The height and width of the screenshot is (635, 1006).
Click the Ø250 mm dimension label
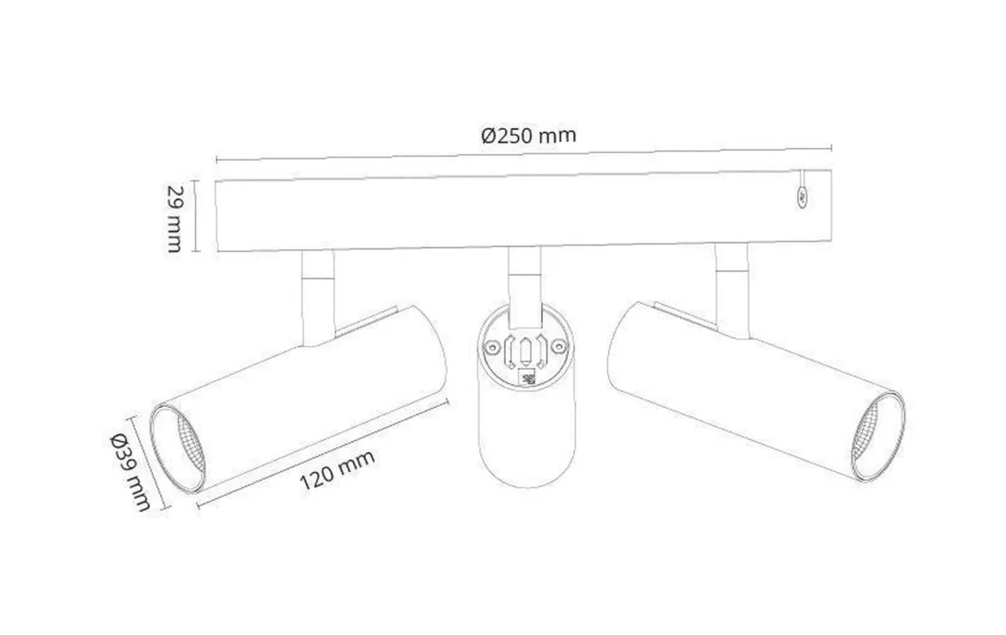(528, 135)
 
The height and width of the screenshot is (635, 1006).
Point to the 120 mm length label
(338, 470)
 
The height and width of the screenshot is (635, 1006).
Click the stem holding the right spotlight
(732, 290)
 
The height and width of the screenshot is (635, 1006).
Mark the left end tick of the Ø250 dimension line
(216, 159)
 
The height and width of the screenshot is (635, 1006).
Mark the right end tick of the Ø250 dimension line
(832, 147)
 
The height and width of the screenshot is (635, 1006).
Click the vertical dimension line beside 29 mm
(196, 216)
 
